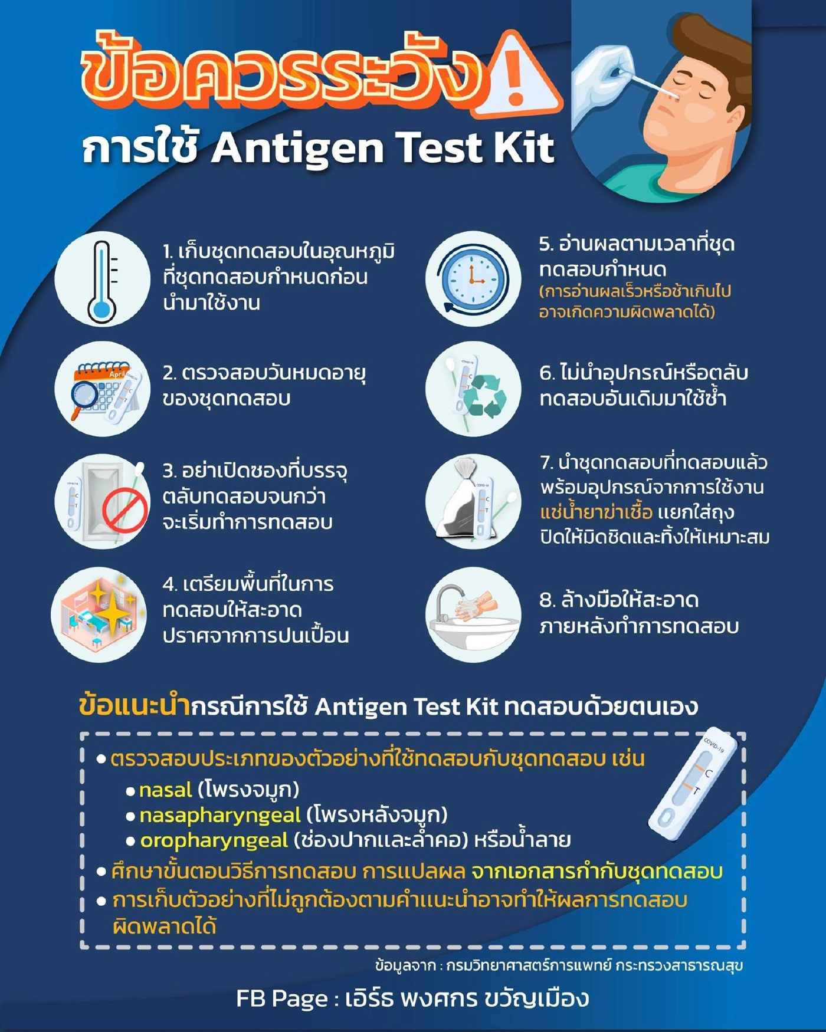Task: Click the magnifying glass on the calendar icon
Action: (x=84, y=395)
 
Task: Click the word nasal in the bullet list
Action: (x=166, y=790)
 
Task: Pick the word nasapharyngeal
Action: (x=220, y=815)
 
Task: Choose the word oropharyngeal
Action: (x=214, y=840)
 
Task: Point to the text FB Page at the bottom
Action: (x=281, y=998)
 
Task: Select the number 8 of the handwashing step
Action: (x=546, y=600)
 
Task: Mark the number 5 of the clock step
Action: (x=545, y=244)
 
